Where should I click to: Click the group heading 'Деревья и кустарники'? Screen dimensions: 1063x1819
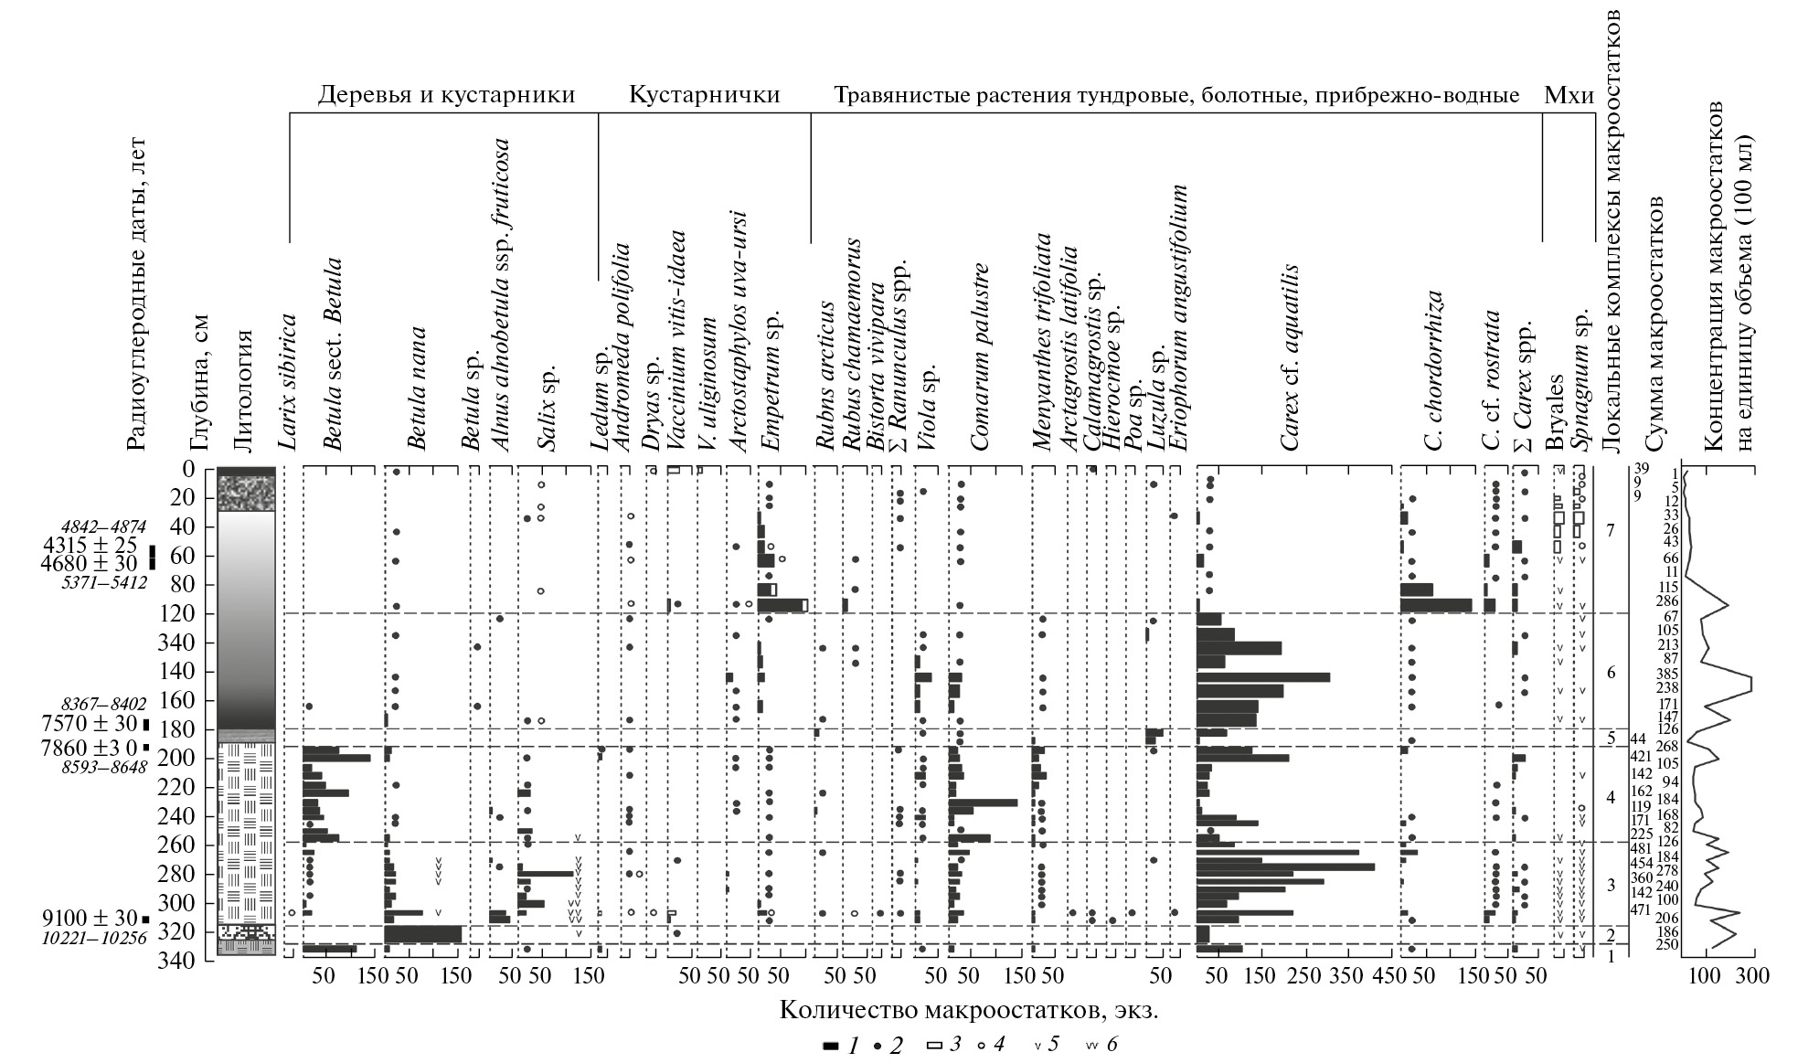pos(446,95)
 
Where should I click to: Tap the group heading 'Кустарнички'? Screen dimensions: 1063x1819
pos(704,95)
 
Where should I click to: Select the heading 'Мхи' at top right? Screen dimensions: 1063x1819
pos(1569,95)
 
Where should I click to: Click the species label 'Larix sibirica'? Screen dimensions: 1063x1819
pos(288,383)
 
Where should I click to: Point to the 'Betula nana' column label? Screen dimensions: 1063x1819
pos(417,388)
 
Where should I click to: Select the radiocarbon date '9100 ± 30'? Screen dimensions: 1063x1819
pos(89,918)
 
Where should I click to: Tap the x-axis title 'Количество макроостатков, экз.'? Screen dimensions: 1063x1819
pos(974,1010)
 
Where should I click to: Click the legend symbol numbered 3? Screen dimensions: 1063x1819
pos(934,1044)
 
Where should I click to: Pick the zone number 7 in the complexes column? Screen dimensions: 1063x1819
pos(1611,531)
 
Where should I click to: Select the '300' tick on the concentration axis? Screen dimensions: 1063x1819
pos(1751,976)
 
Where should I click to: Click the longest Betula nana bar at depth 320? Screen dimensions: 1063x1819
pos(422,934)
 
